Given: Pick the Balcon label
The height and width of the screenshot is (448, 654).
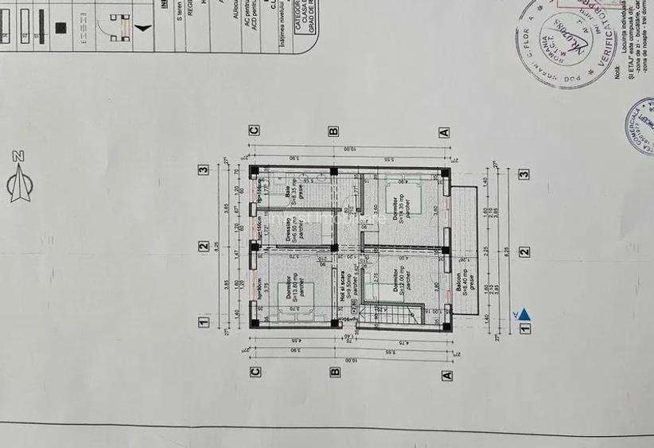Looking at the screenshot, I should pos(459,286).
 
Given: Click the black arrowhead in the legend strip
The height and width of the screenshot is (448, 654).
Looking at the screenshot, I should pos(142,27).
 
